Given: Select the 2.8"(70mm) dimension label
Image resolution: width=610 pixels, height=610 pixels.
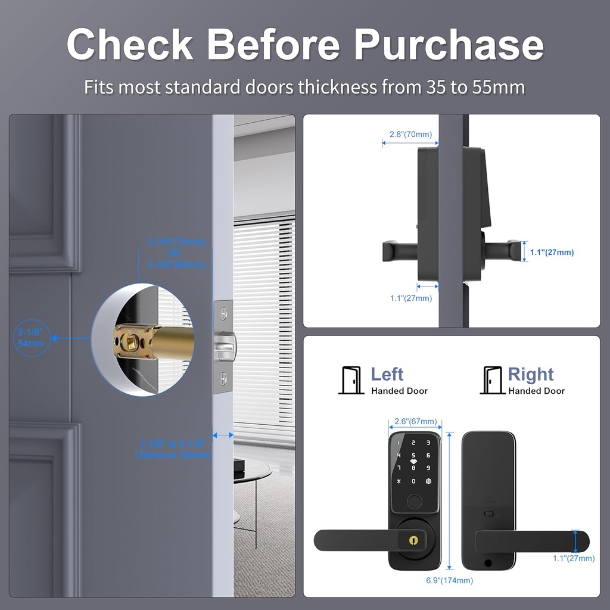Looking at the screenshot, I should [410, 135].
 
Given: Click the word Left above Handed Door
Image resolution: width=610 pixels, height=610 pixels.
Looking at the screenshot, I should [387, 374].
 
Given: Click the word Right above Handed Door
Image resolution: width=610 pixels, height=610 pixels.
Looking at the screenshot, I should [531, 374].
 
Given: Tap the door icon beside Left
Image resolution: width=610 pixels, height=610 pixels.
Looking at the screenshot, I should [351, 380].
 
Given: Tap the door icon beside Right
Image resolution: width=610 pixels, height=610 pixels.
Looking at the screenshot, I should [492, 380].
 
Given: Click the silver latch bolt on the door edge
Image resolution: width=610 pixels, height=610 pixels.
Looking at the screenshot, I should [228, 345].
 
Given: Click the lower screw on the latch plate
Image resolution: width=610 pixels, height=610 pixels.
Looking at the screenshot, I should [223, 377].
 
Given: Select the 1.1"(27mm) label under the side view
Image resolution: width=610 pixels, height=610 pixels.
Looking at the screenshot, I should [411, 298].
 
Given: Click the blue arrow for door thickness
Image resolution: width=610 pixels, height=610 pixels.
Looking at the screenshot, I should [223, 435].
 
